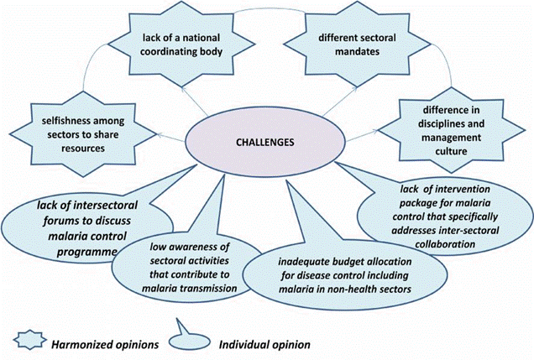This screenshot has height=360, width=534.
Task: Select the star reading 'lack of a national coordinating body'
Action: pyautogui.click(x=181, y=44)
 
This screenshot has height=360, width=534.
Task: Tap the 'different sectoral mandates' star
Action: pyautogui.click(x=357, y=44)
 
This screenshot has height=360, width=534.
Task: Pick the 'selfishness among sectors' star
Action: pyautogui.click(x=83, y=134)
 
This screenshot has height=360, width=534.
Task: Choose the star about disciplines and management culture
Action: pyautogui.click(x=451, y=130)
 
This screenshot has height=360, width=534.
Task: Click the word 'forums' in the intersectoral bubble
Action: pyautogui.click(x=60, y=221)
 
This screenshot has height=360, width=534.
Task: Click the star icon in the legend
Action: pyautogui.click(x=30, y=340)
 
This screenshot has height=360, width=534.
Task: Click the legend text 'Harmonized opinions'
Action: pyautogui.click(x=105, y=344)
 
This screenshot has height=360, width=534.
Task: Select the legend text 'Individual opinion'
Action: pyautogui.click(x=264, y=344)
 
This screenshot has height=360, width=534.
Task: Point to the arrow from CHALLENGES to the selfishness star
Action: pyautogui.click(x=171, y=137)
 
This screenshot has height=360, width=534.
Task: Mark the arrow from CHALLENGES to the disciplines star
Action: pyautogui.click(x=362, y=135)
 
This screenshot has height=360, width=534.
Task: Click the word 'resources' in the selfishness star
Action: pyautogui.click(x=83, y=149)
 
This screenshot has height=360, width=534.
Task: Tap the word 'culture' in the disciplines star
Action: pyautogui.click(x=451, y=151)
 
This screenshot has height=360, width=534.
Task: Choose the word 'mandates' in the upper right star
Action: pyautogui.click(x=357, y=52)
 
